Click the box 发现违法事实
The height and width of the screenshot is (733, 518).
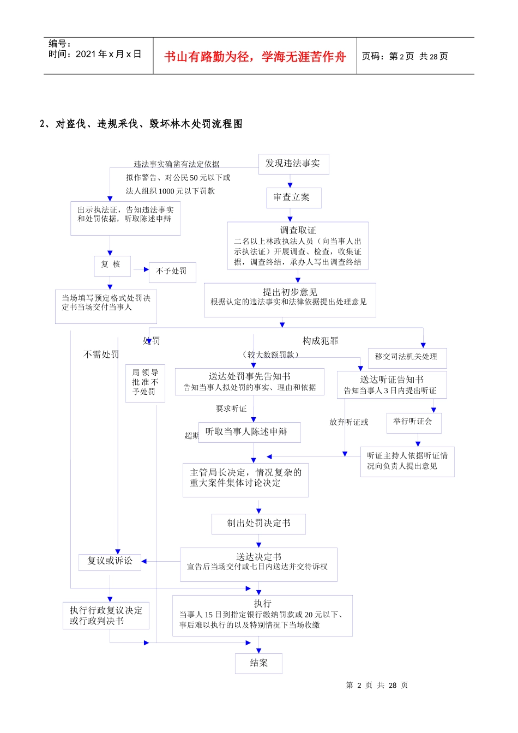click(x=293, y=164)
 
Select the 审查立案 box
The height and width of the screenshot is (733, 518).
click(x=293, y=197)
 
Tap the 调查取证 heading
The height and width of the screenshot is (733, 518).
click(x=298, y=230)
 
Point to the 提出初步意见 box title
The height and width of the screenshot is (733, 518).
click(x=290, y=292)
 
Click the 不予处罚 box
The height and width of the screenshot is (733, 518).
click(x=172, y=271)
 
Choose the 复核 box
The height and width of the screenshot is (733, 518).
click(x=112, y=265)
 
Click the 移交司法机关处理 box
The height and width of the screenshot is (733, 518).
click(x=407, y=357)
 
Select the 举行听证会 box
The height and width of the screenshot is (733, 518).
click(x=413, y=422)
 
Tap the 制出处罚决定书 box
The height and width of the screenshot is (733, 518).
click(x=258, y=524)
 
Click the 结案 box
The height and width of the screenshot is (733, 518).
click(x=258, y=663)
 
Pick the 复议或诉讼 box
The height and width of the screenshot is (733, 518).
click(x=110, y=561)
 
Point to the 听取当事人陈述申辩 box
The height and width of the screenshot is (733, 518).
click(x=249, y=432)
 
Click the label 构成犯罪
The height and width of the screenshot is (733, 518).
click(x=321, y=341)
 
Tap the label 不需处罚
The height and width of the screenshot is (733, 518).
click(x=101, y=355)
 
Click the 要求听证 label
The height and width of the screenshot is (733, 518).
click(x=231, y=408)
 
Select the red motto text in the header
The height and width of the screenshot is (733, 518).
click(x=255, y=57)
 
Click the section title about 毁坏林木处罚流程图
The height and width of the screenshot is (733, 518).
click(x=141, y=124)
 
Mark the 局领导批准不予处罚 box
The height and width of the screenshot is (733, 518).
click(x=145, y=382)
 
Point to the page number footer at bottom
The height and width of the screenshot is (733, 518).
click(x=377, y=685)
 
